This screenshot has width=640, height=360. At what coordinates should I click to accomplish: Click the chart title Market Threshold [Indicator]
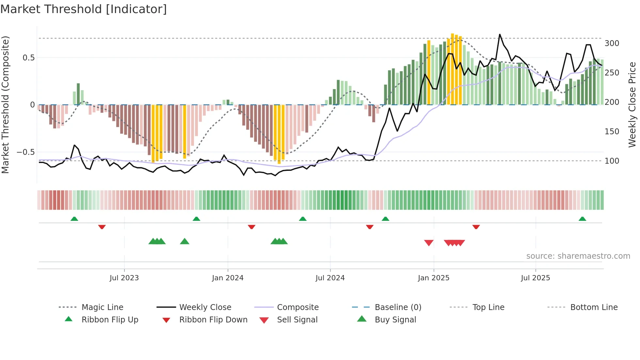point(84,9)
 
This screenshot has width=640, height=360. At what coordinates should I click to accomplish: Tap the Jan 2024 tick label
point(228,278)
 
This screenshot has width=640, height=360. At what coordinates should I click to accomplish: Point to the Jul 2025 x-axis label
point(535,278)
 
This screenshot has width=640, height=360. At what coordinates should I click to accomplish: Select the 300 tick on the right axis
point(612,43)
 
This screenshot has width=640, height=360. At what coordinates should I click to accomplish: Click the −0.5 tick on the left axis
point(25,152)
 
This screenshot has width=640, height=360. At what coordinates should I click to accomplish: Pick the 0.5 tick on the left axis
point(28,58)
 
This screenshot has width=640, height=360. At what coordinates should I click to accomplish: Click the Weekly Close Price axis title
point(632,105)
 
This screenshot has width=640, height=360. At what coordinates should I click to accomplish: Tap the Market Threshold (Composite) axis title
point(5,105)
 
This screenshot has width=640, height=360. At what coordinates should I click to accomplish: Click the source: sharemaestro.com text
point(578,256)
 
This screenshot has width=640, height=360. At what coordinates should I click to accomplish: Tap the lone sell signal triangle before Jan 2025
point(429,243)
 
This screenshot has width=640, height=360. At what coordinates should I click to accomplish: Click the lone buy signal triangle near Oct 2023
point(184,241)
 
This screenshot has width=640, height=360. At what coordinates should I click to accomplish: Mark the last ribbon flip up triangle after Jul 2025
point(582,219)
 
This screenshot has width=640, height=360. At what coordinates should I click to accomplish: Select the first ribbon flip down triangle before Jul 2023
point(102,227)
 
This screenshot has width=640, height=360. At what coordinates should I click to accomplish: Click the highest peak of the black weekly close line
point(500,34)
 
